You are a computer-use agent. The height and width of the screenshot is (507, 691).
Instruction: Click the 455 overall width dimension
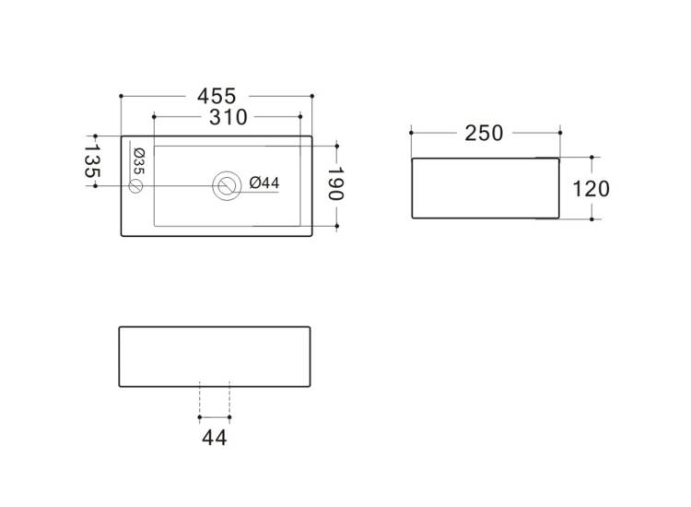217,96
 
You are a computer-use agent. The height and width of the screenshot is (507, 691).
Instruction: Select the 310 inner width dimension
228,117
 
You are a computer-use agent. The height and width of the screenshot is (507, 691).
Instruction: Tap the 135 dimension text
91,160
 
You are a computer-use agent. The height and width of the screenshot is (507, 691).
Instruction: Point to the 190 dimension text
335,183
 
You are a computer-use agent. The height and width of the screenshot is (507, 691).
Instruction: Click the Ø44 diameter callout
264,183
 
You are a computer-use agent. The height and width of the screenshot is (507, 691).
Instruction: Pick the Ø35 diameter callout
139,161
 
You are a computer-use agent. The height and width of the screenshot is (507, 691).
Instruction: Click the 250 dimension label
484,133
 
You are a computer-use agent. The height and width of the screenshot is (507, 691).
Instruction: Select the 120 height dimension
591,189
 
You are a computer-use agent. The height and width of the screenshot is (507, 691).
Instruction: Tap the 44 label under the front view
214,438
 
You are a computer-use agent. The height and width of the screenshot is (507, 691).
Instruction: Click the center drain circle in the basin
227,185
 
